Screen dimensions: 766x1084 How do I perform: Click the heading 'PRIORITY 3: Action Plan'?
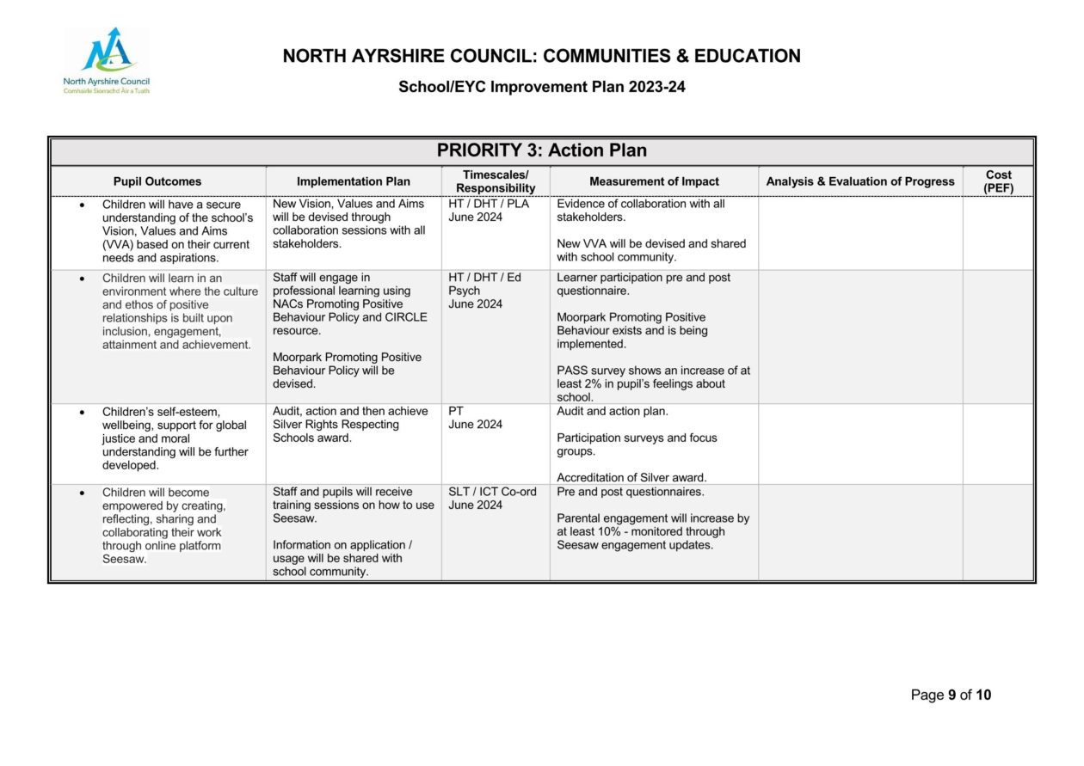tap(541, 150)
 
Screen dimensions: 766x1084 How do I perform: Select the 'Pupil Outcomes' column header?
tap(157, 181)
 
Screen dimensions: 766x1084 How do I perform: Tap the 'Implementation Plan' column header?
tap(354, 181)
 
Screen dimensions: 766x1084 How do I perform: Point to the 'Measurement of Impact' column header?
tap(654, 181)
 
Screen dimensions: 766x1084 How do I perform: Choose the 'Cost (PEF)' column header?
tap(998, 181)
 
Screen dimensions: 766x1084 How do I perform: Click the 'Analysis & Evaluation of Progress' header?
tap(859, 181)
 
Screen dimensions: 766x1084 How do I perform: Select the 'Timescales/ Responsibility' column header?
tap(496, 181)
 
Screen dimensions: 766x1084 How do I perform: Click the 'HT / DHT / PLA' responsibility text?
tap(489, 205)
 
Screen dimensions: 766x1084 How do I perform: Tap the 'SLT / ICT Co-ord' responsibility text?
tap(492, 492)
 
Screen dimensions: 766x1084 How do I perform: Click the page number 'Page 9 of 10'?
tap(951, 695)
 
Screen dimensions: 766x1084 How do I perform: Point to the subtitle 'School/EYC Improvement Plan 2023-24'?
tap(541, 87)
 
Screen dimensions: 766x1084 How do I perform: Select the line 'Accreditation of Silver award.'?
tap(631, 478)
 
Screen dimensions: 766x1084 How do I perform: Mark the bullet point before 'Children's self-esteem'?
tap(82, 413)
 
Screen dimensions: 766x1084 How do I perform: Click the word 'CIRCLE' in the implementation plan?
tap(407, 317)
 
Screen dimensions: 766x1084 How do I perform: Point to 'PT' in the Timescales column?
tap(456, 412)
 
